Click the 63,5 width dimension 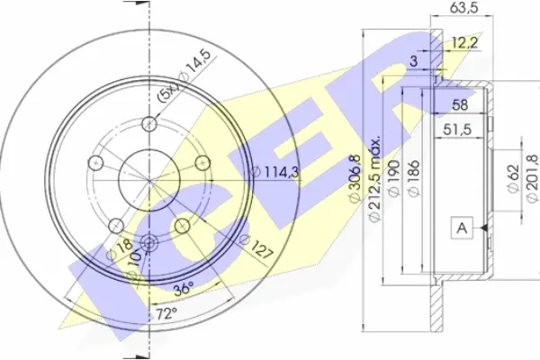click(464, 7)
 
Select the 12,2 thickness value click(464, 43)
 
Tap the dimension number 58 click(460, 104)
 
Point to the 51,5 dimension click(457, 130)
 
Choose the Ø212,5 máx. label click(374, 178)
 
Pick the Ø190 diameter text click(394, 178)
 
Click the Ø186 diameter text click(414, 178)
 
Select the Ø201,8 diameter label click(533, 178)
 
